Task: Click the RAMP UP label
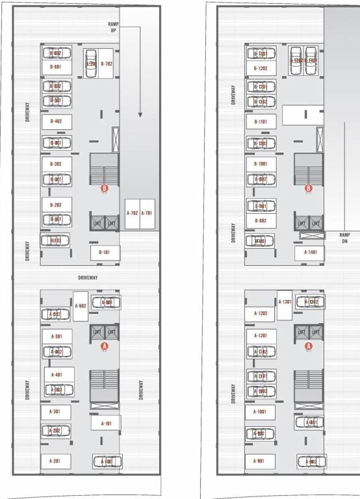coord(112,27)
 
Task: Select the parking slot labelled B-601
coord(56,67)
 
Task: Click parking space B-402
coord(56,121)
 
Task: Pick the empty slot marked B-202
coord(56,205)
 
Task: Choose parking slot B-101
coord(104,252)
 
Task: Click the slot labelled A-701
coord(148,213)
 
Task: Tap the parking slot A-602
coord(81,306)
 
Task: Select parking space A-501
coord(56,337)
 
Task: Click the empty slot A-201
coord(56,461)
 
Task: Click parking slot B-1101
coord(261,122)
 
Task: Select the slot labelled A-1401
coord(310,252)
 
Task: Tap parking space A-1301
coord(285,301)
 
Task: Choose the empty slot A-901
coord(260,461)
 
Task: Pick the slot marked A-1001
coord(260,412)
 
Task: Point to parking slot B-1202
coord(261,68)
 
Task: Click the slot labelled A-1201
coord(260,336)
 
